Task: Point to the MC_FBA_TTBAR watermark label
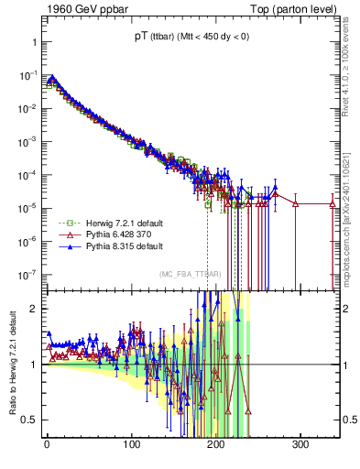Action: click(x=190, y=274)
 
